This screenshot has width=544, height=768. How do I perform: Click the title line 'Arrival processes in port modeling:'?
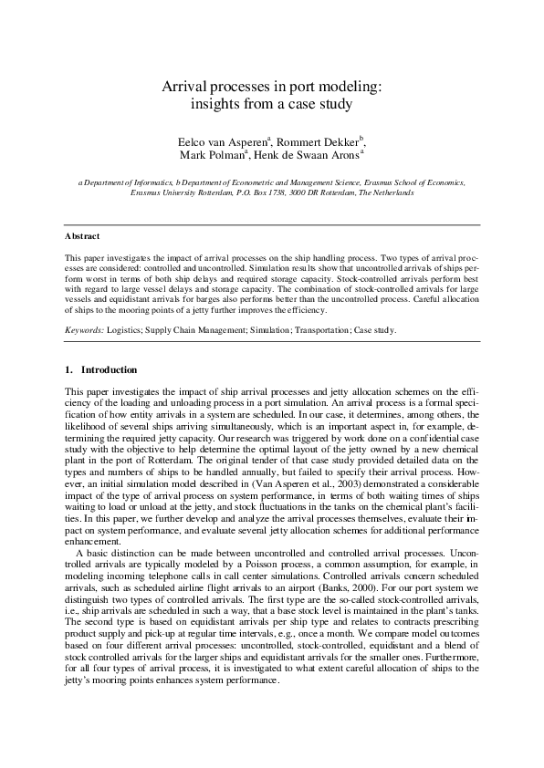[271, 87]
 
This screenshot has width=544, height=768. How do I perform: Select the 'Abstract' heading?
[82, 235]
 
